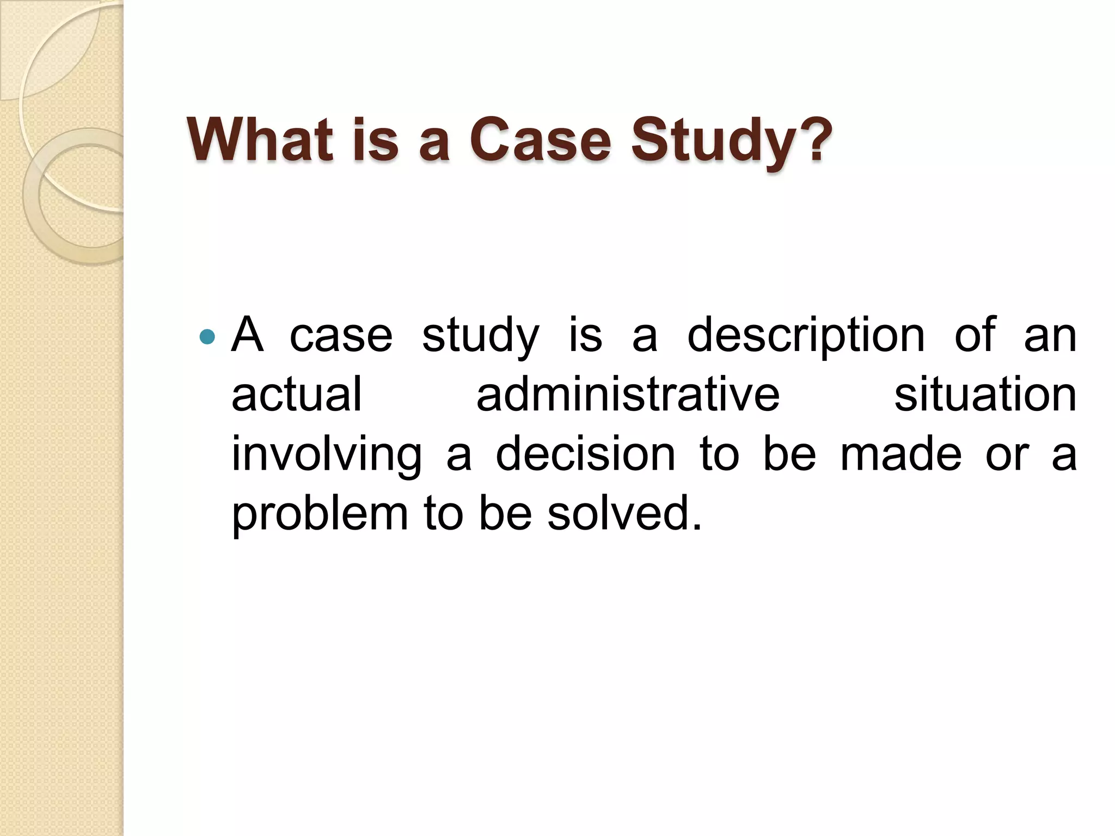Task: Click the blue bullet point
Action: pyautogui.click(x=207, y=337)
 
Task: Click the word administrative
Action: pyautogui.click(x=628, y=394)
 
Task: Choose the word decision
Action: pyautogui.click(x=585, y=454)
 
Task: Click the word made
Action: pyautogui.click(x=901, y=454)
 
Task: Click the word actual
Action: pyautogui.click(x=297, y=394)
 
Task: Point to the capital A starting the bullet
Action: pyautogui.click(x=247, y=335)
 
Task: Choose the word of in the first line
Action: pyautogui.click(x=975, y=335)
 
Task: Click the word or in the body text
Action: pyautogui.click(x=1007, y=455)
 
